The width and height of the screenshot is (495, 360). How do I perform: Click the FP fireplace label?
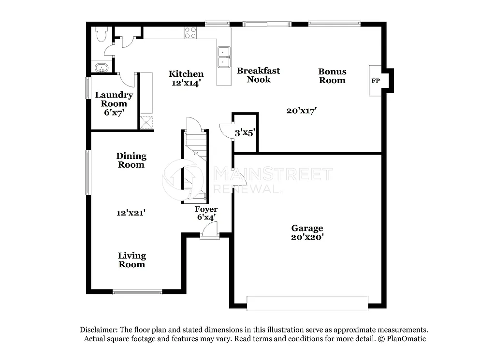(x=375, y=81)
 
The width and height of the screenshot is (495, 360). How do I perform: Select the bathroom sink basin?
(x=101, y=67)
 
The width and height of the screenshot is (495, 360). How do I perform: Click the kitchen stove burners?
(x=190, y=33)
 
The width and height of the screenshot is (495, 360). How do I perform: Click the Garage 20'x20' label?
(x=307, y=232)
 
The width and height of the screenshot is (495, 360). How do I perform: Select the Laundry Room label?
(x=114, y=99)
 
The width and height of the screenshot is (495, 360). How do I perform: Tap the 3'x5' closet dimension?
(x=245, y=132)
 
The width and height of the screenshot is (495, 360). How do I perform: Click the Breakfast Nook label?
(x=258, y=75)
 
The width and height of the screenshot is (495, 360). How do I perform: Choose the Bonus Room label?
(x=332, y=76)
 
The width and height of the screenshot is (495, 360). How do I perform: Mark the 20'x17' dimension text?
(x=301, y=111)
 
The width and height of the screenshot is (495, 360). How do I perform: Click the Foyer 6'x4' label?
(x=206, y=213)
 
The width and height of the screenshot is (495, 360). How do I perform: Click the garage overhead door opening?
(x=307, y=303)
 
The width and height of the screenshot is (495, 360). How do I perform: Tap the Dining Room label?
(x=131, y=160)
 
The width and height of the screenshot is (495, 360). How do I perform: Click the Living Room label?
(x=132, y=259)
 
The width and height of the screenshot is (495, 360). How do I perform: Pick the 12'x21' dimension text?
(x=131, y=213)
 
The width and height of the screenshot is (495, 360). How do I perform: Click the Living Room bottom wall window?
(x=137, y=292)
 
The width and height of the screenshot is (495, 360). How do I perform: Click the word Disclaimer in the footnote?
(x=98, y=330)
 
